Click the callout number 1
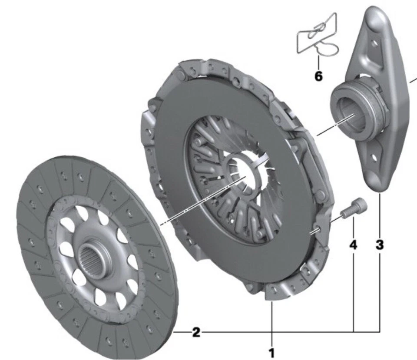click(x=272, y=353)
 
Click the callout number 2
click(x=196, y=333)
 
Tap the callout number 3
click(x=380, y=245)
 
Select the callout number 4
click(x=354, y=245)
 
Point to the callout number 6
click(x=318, y=77)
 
